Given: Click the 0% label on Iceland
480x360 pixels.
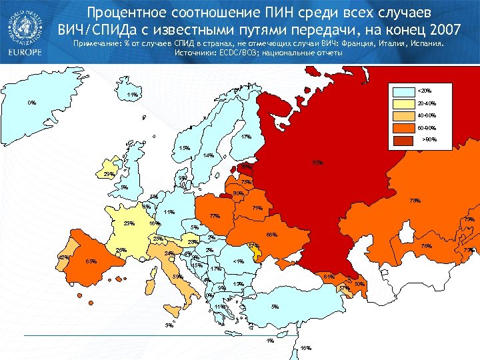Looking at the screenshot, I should (x=32, y=103).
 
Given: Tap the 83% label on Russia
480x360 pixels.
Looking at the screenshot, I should (x=318, y=163).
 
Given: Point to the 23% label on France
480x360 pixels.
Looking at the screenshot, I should (x=129, y=224).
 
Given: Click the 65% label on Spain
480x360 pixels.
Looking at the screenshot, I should (x=92, y=262).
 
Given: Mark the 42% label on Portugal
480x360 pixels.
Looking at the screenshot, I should (x=64, y=257).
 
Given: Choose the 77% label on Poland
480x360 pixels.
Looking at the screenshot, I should (x=215, y=217).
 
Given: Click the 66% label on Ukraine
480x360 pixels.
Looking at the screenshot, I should (x=271, y=235).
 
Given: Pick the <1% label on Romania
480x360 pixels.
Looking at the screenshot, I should (x=239, y=261).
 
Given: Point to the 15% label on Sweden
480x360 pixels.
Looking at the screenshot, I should (x=185, y=148).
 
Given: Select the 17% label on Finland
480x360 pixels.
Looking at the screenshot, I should (x=246, y=137).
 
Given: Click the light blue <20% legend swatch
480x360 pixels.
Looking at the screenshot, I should (x=403, y=91).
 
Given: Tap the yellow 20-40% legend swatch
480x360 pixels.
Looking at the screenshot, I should (x=403, y=103).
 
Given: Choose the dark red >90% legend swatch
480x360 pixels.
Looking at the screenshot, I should (x=403, y=140).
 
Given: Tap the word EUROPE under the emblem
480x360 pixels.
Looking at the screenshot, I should (x=23, y=52).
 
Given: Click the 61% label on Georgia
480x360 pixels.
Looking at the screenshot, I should (x=329, y=277).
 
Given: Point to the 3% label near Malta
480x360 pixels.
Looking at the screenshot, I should (x=169, y=325).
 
